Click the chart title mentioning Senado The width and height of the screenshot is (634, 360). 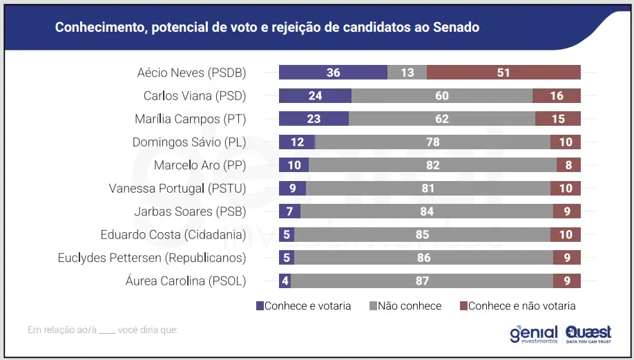point(267,28)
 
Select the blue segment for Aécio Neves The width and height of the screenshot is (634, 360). point(333,73)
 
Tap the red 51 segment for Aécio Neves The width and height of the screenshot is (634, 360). point(503,73)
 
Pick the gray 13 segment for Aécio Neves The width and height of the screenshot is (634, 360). point(407,73)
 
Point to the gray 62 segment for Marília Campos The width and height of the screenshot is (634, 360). point(442,119)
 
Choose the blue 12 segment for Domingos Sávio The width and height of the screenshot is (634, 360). point(296,142)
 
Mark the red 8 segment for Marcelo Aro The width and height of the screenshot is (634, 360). point(568,165)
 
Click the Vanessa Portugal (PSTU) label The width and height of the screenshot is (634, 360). point(177,188)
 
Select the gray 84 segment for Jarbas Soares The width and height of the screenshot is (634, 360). point(427,211)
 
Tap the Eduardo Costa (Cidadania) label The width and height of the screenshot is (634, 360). point(173,234)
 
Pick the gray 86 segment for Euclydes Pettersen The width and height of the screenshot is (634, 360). point(423,258)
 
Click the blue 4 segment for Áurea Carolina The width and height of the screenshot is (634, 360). point(285,281)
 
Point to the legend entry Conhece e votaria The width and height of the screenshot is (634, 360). point(303,305)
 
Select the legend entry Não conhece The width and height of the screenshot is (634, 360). point(405,305)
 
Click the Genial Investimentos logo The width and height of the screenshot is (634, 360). point(533,334)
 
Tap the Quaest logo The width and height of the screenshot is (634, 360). point(588,334)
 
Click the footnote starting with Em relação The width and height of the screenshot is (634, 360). point(103,330)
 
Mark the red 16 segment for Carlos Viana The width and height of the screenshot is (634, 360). point(557,96)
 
